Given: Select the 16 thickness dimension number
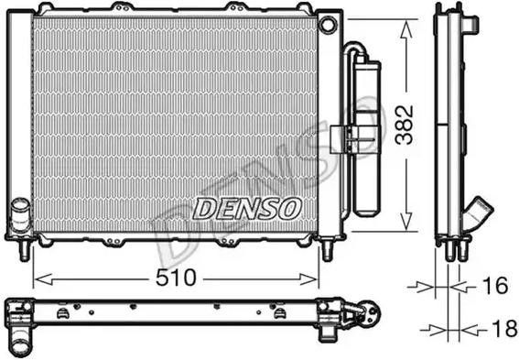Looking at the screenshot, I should (494, 287).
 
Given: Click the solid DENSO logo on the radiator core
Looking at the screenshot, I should (247, 208).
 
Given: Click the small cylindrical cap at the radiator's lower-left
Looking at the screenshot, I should (20, 219).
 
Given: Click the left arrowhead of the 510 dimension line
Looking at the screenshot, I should (38, 276).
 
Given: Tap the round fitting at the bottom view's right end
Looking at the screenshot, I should (371, 314).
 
